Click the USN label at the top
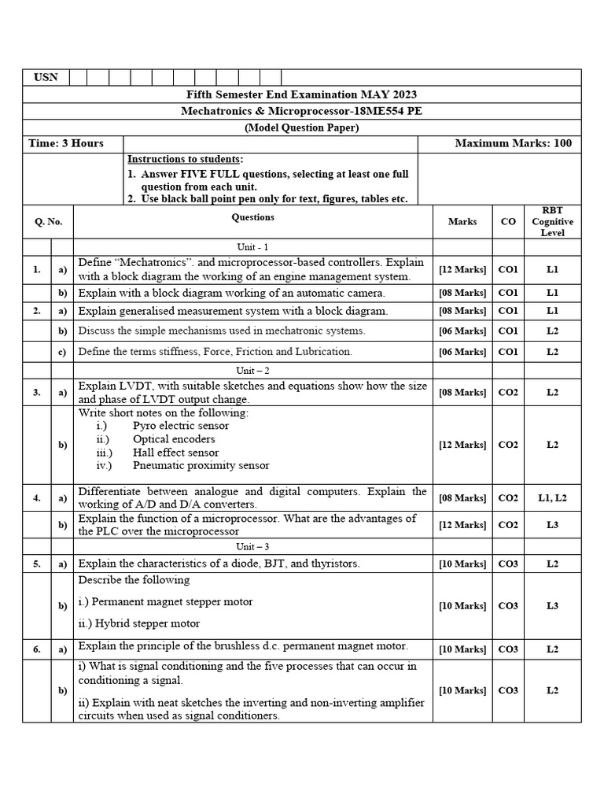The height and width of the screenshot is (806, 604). [x=46, y=77]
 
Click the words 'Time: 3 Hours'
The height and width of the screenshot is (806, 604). [x=66, y=143]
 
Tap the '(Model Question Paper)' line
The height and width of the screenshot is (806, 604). [x=302, y=128]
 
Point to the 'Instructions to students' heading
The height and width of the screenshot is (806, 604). [x=185, y=159]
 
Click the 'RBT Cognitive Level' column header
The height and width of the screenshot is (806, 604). [x=553, y=222]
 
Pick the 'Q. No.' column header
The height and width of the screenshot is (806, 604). [x=48, y=222]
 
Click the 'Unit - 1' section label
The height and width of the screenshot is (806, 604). [x=253, y=246]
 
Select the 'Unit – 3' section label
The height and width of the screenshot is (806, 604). [x=253, y=545]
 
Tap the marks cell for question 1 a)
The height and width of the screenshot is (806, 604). [x=462, y=269]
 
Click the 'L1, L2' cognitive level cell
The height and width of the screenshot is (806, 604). [x=553, y=497]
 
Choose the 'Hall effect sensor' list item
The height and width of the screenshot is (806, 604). [x=175, y=453]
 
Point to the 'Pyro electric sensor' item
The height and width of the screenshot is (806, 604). [x=181, y=426]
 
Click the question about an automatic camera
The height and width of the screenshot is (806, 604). [x=232, y=292]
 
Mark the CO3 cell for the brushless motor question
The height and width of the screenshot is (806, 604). [x=508, y=649]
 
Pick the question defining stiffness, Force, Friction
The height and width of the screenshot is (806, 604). [x=215, y=352]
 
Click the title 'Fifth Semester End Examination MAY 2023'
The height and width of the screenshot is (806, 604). [x=302, y=94]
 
